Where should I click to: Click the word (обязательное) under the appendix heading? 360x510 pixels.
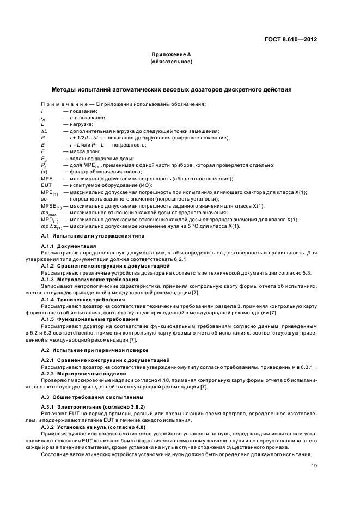click(x=171, y=62)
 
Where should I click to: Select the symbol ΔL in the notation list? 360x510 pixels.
click(x=44, y=131)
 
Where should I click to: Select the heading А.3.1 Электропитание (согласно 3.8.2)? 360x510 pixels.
click(x=88, y=408)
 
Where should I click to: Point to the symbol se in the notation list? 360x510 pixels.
click(x=44, y=199)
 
